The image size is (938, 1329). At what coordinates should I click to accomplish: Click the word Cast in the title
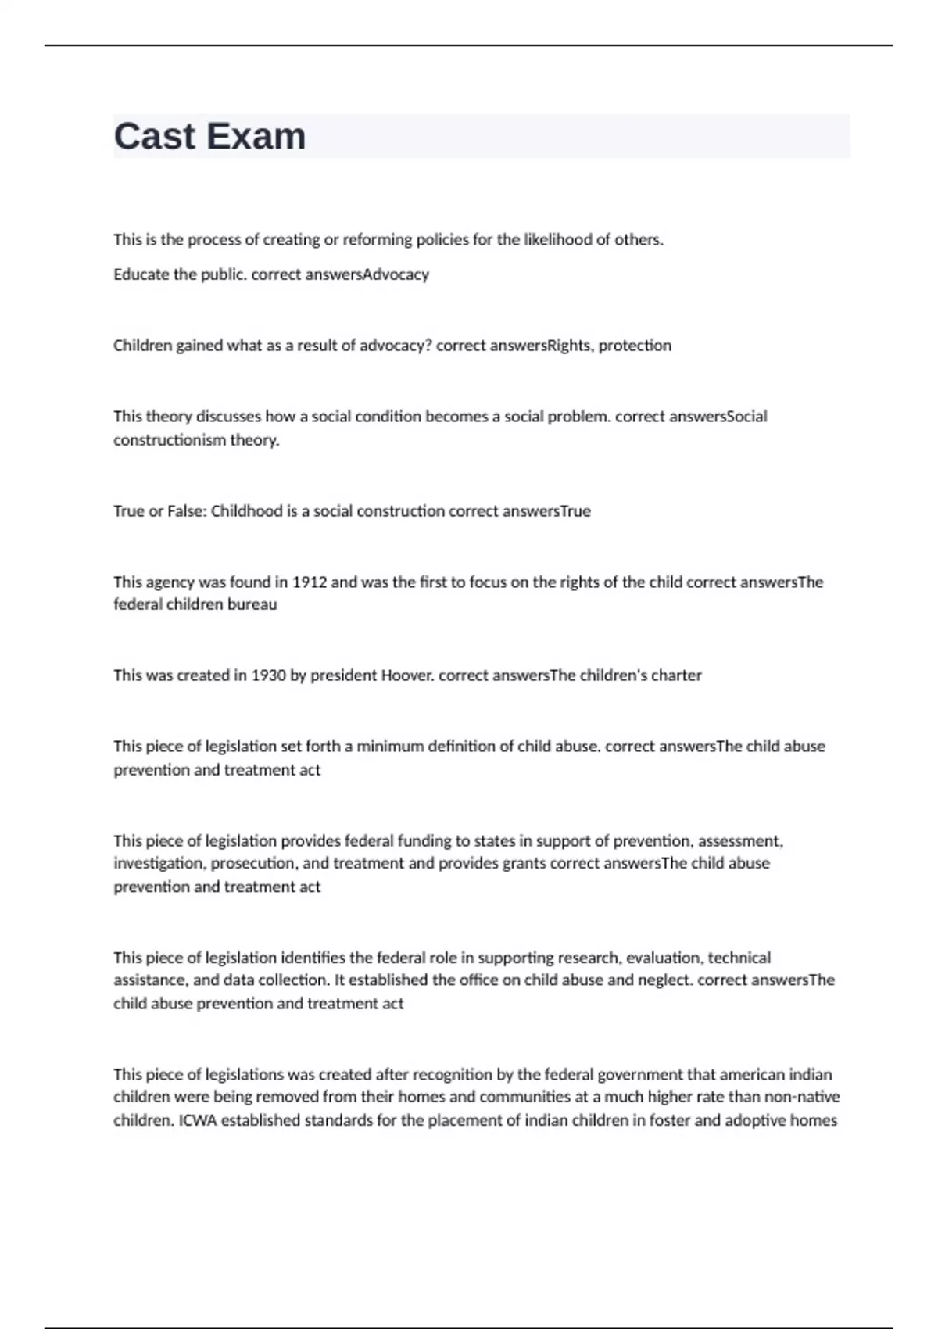point(155,136)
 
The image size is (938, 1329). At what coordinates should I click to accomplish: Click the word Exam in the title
point(256,136)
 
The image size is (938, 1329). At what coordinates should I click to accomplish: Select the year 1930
point(268,675)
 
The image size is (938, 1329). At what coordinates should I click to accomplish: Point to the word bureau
point(252,604)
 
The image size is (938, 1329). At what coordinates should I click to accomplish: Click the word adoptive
point(754,1120)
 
